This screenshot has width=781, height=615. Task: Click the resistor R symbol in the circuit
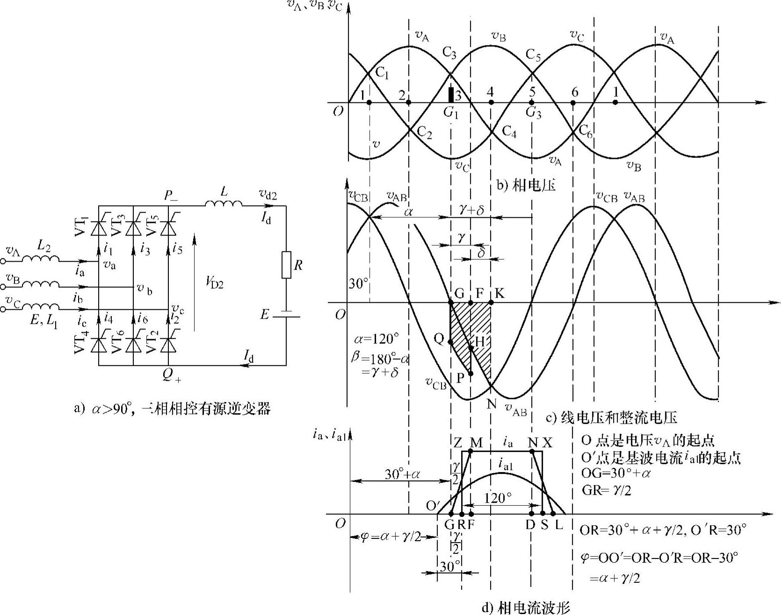(x=286, y=265)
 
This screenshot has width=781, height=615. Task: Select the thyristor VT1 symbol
(x=99, y=228)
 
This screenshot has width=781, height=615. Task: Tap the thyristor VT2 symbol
(x=168, y=344)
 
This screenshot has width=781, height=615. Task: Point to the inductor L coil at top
(x=224, y=203)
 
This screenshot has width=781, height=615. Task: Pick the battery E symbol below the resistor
(x=286, y=315)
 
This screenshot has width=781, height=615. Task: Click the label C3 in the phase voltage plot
(x=449, y=54)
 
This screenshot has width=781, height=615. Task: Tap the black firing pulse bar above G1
(x=451, y=94)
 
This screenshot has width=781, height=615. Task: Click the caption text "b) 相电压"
(x=526, y=186)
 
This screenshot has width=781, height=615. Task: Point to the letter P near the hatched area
(x=460, y=378)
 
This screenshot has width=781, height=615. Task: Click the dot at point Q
(x=450, y=342)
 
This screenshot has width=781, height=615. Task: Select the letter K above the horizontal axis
(x=499, y=293)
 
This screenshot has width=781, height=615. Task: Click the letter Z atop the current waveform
(x=458, y=442)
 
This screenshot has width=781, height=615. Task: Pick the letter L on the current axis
(x=559, y=524)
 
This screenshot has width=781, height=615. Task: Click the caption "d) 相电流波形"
(x=526, y=608)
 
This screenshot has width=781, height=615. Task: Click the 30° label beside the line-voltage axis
(x=359, y=284)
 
